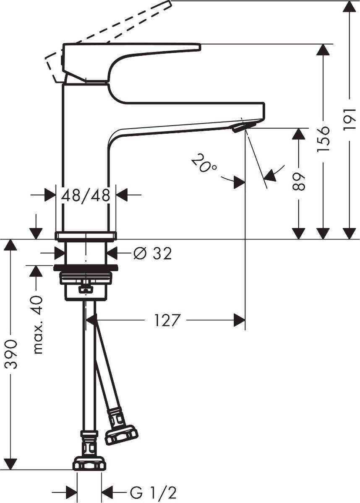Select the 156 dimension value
(x=323, y=138)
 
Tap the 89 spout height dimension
(x=298, y=180)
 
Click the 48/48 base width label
(x=86, y=195)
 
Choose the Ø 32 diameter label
(x=152, y=253)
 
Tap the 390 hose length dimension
(x=11, y=355)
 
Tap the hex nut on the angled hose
(x=121, y=435)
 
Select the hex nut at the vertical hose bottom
(x=89, y=464)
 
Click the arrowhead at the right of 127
(x=239, y=321)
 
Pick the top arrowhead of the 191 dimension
(x=350, y=7)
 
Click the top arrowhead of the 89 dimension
(x=298, y=134)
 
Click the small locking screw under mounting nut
(x=86, y=288)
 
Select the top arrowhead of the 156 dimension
(x=323, y=50)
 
